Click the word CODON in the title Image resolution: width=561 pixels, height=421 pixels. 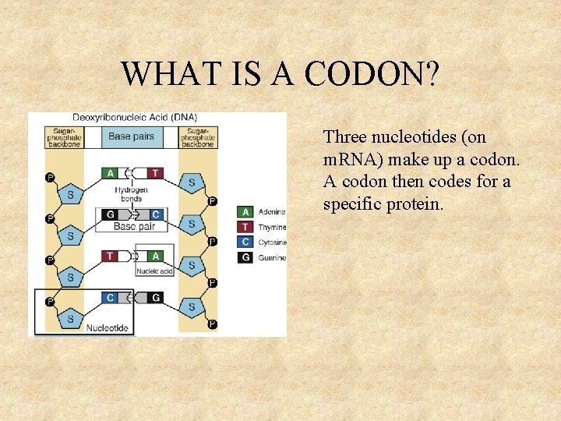pos(372,75)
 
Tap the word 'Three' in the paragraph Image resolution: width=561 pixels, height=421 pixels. pos(345,137)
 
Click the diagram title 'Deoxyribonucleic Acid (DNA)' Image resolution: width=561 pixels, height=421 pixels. pos(135,117)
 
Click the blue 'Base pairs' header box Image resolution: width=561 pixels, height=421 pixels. pos(131,136)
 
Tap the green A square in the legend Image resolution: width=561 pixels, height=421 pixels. pos(245,211)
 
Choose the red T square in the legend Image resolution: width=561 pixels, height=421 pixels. pos(245,227)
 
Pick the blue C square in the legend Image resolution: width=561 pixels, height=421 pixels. pos(245,242)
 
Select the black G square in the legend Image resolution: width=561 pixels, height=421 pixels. pos(245,257)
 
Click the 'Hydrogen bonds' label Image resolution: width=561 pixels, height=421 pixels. pos(131,194)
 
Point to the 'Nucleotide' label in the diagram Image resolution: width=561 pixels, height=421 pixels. pos(108,328)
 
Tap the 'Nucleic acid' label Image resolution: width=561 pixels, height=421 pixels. pos(154,271)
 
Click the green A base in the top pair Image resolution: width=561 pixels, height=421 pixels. pos(110,173)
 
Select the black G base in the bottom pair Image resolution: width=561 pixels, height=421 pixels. pos(156,297)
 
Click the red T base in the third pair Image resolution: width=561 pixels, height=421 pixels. pos(110,256)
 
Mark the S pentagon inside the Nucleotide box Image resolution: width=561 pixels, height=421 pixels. pos(71,318)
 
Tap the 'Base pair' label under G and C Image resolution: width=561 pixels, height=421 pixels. pos(134,227)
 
